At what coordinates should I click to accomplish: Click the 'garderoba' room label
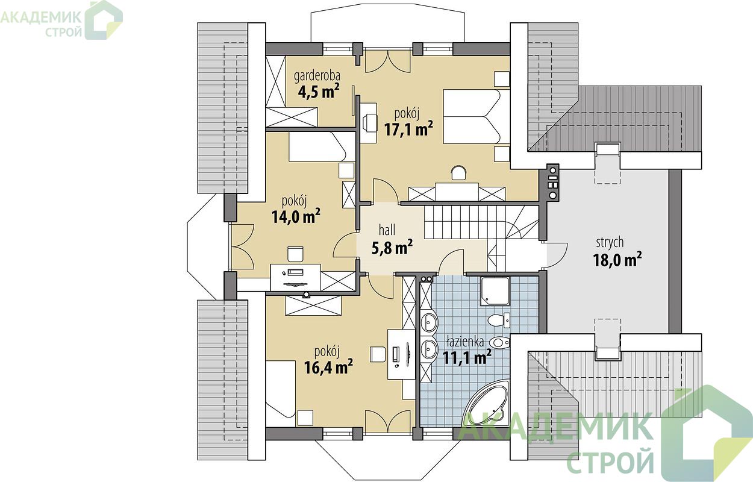[317, 77]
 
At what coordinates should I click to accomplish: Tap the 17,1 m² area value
[408, 129]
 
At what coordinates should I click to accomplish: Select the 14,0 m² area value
[296, 216]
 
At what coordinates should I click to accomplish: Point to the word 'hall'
[387, 231]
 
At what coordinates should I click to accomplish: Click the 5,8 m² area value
[392, 248]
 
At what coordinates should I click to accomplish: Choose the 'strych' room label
[610, 243]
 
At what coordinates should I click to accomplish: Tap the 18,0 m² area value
[617, 260]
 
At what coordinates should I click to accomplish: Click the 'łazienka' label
[465, 342]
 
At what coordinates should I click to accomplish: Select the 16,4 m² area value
[328, 367]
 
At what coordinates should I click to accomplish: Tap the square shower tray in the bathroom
[495, 292]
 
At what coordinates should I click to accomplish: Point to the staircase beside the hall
[481, 223]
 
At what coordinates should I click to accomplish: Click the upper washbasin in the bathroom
[428, 323]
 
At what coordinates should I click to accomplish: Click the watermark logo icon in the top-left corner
[103, 20]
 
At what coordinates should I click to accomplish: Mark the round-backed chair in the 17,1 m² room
[459, 174]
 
